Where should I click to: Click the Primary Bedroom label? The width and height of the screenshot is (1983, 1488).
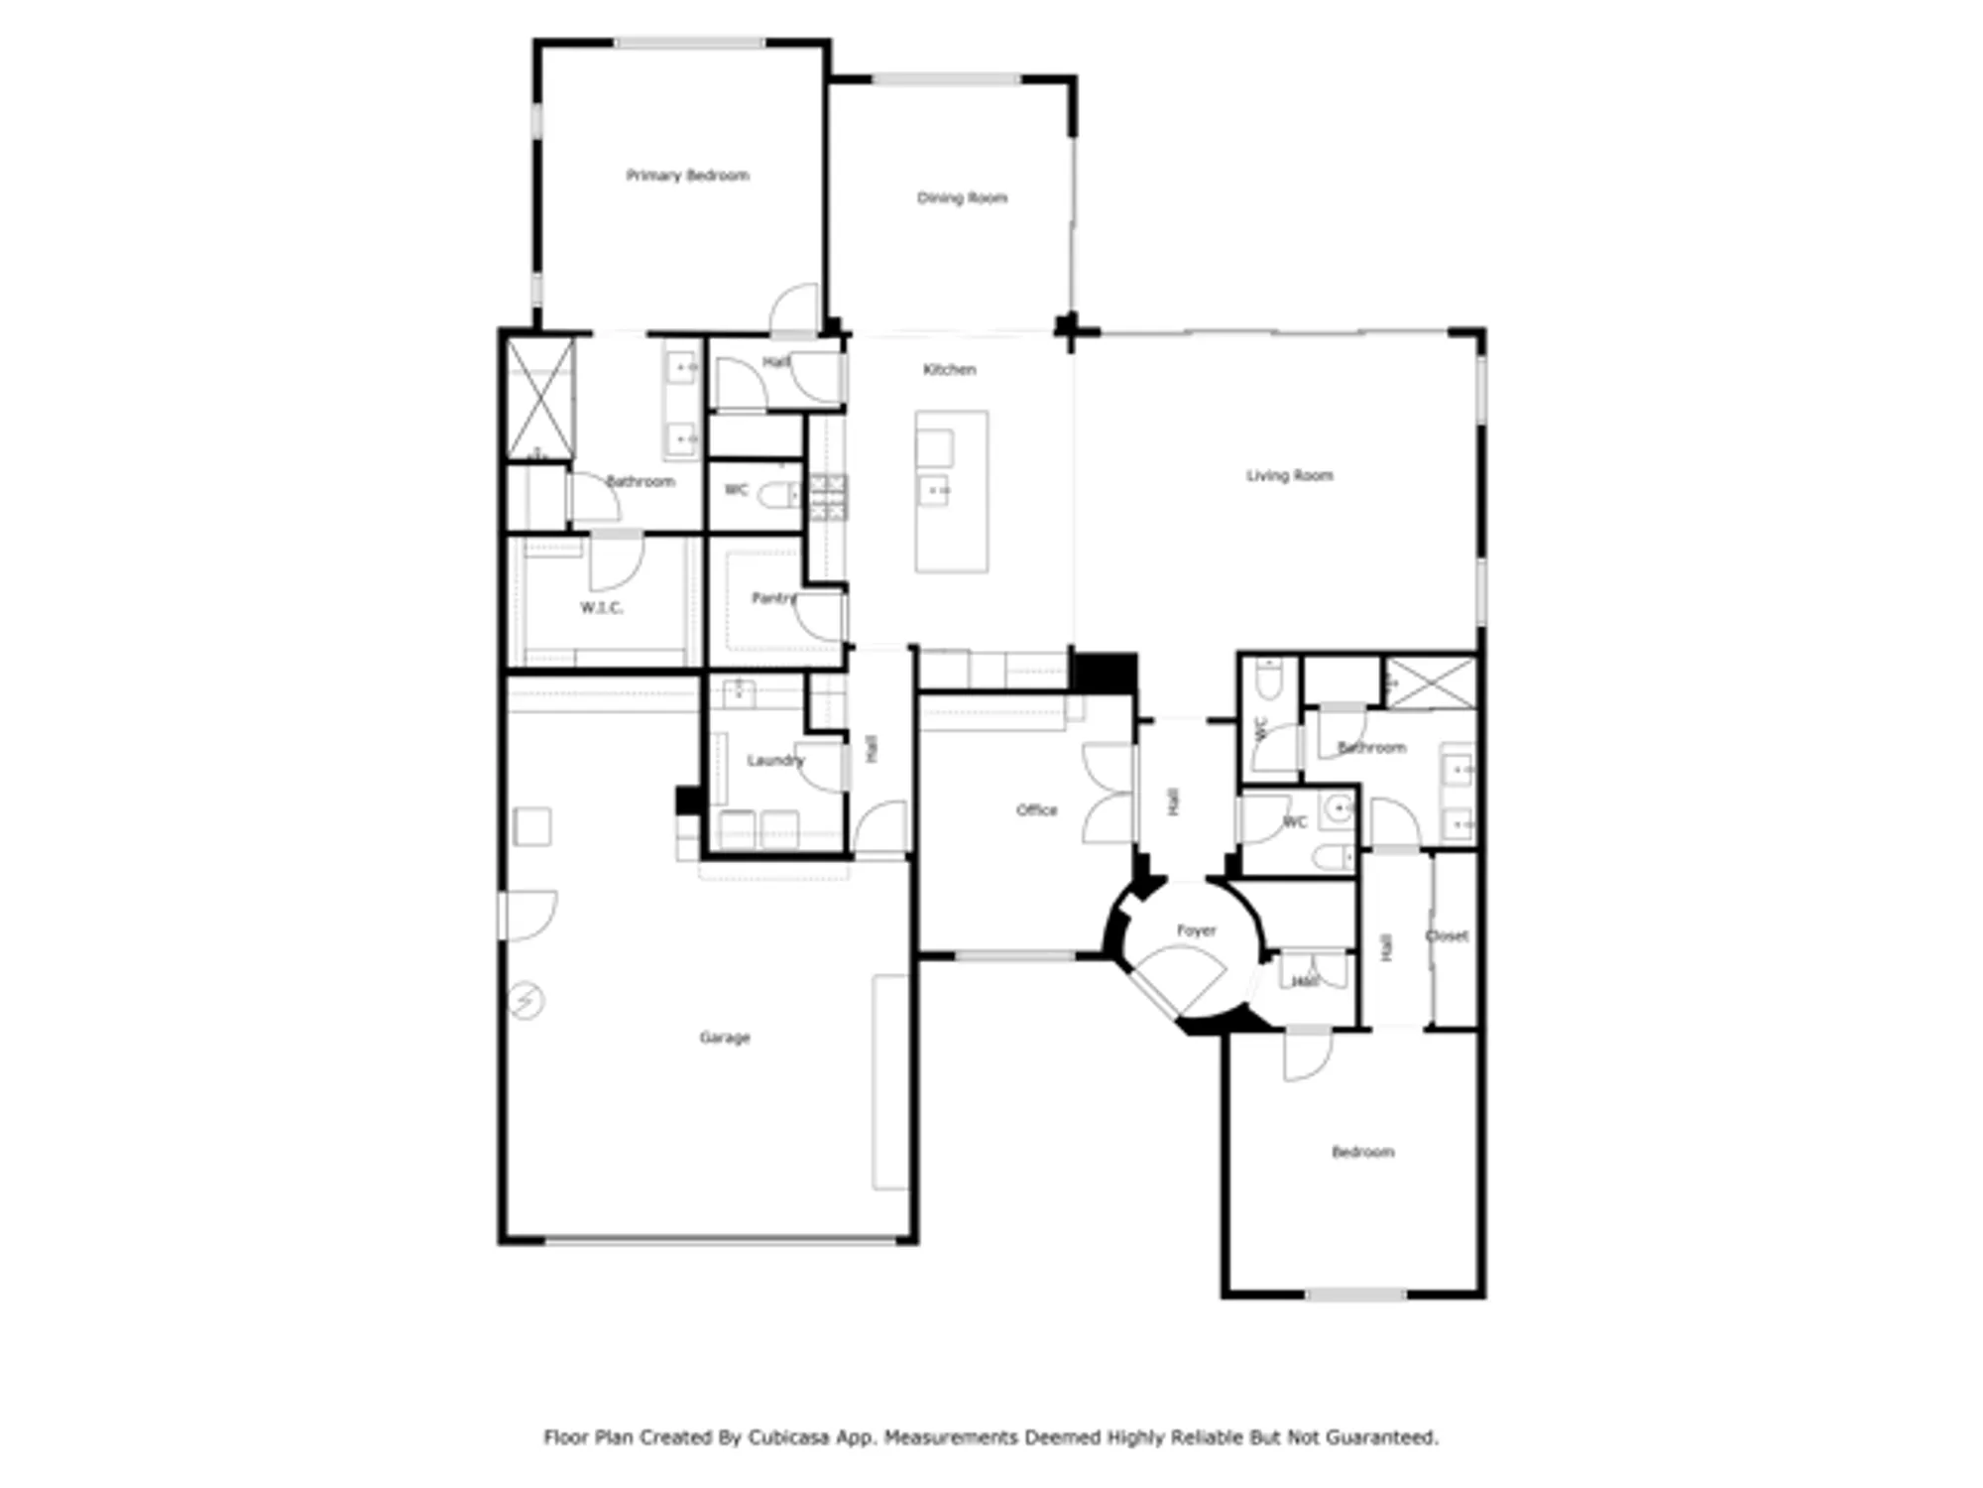coord(687,176)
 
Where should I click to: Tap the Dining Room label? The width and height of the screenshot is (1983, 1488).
coord(962,198)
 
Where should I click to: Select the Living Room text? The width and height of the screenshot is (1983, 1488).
coord(1289,476)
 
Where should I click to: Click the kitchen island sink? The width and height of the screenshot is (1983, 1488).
coord(934,490)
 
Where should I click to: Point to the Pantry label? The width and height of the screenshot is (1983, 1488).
coord(773,598)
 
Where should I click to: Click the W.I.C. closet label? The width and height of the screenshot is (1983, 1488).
coord(602,608)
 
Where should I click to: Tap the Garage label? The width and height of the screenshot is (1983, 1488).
coord(725,1038)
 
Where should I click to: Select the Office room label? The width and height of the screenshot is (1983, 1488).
coord(1036,810)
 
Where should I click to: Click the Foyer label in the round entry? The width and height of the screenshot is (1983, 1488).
coord(1196,930)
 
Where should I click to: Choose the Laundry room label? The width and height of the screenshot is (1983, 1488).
coord(774,761)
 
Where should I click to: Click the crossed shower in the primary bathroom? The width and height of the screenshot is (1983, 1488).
coord(540,400)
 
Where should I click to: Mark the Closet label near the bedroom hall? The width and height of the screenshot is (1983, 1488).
coord(1447,935)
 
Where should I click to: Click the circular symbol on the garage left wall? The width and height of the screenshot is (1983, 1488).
coord(526,1001)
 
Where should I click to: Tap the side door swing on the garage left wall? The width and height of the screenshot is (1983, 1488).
coord(530,915)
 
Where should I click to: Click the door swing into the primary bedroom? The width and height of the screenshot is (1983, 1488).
coord(795,310)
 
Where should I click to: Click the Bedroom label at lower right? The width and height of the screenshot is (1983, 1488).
coord(1362,1152)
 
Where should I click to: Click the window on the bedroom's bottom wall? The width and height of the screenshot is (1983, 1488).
coord(1355,1295)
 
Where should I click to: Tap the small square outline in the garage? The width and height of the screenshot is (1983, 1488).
coord(532,826)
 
